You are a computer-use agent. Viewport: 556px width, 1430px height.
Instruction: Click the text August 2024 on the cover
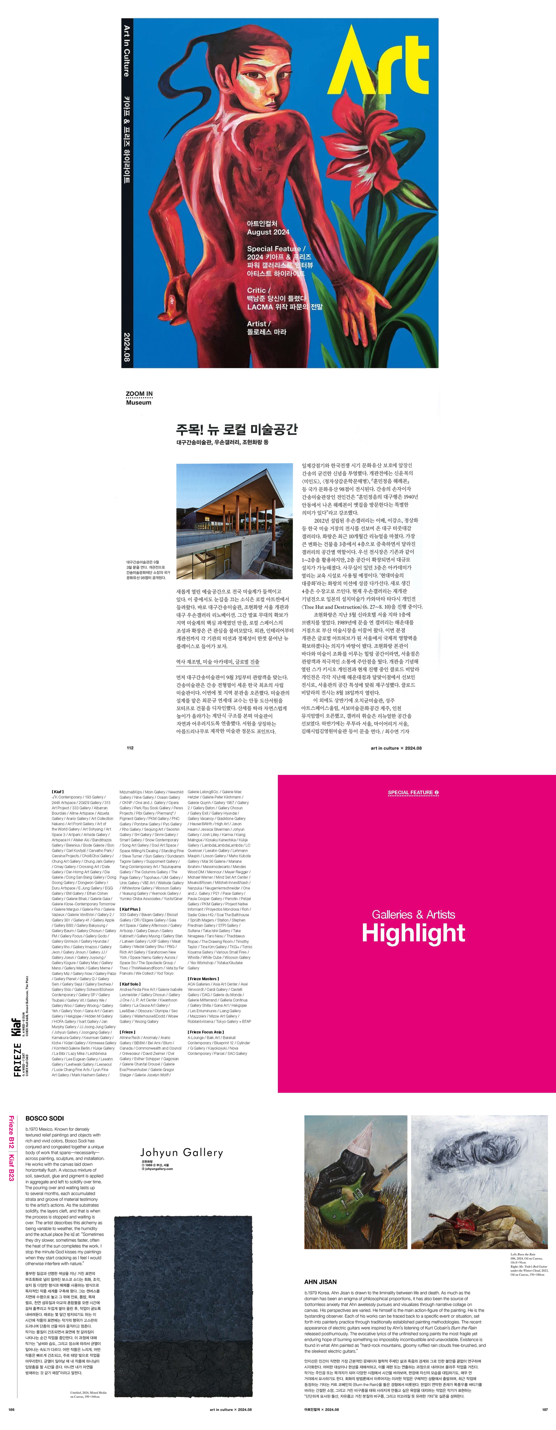[x=268, y=232]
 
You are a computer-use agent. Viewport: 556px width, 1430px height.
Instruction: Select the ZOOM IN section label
[x=139, y=394]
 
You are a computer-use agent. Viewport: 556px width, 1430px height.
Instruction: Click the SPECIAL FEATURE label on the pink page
[x=413, y=792]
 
